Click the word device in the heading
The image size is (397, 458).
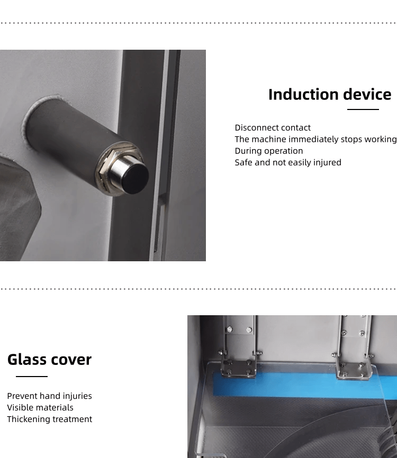pyautogui.click(x=367, y=94)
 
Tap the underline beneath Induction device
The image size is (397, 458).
pyautogui.click(x=363, y=109)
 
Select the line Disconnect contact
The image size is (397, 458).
pyautogui.click(x=273, y=127)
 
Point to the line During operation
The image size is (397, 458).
pyautogui.click(x=269, y=151)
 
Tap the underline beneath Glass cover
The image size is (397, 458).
pyautogui.click(x=32, y=377)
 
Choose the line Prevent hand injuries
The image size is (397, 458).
pyautogui.click(x=49, y=396)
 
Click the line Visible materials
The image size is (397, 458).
pyautogui.click(x=40, y=407)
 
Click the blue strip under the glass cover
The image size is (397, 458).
pyautogui.click(x=304, y=386)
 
